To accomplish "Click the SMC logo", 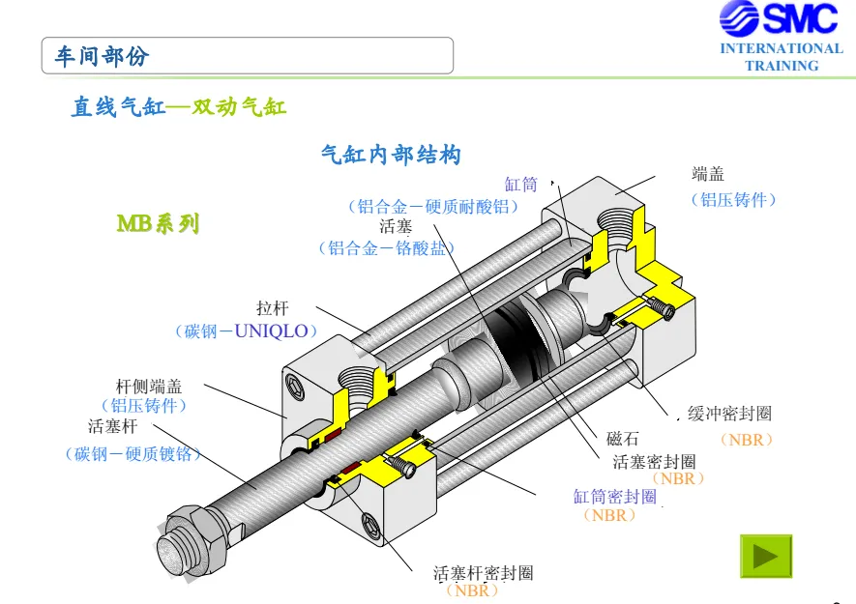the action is pos(779,18).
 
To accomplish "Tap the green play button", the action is pos(766,556).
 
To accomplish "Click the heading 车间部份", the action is pos(102,56).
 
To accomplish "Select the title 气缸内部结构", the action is pos(391,155).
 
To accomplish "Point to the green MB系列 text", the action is pos(159,223).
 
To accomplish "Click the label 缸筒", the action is pos(520,185).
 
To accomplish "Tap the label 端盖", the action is pos(708,174).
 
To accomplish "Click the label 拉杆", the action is pos(273,308).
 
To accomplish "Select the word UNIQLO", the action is pos(272,331).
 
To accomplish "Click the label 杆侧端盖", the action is pos(149,387).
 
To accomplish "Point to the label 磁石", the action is pos(622,438).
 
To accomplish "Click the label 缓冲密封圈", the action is pos(730,414).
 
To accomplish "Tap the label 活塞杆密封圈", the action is pos(484,573).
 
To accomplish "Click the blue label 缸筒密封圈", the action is pos(615,497).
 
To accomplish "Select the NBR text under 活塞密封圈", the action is pos(678,478).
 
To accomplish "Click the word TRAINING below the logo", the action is pos(782,66).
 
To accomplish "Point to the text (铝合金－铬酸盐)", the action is pos(387,248).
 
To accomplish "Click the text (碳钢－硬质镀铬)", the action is pos(133,453).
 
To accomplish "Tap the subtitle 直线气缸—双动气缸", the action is pos(179,106).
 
